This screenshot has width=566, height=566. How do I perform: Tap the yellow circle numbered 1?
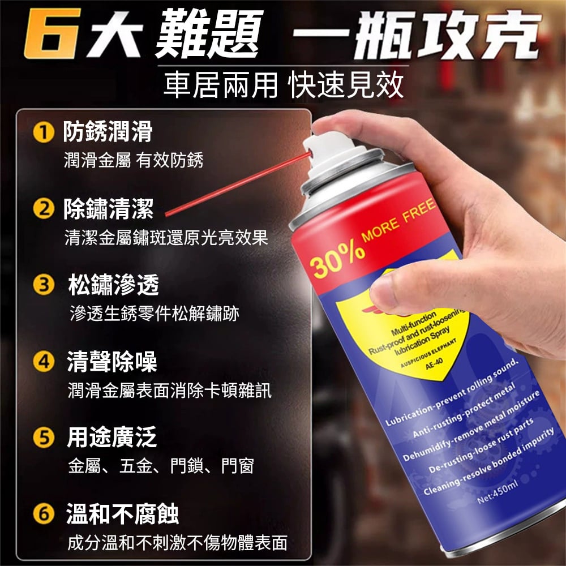pos(44,132)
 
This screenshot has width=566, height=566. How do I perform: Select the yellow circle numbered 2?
pos(44,209)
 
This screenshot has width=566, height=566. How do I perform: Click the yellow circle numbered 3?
pos(44,285)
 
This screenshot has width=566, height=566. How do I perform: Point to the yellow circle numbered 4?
pos(44,361)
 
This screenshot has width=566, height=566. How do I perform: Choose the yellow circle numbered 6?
pos(44,514)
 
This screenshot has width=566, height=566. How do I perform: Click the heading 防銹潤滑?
pos(108,131)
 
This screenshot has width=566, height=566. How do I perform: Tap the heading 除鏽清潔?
pos(108,209)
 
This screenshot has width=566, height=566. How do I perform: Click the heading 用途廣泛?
pos(112,437)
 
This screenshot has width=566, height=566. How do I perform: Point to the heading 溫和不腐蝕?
pos(122,514)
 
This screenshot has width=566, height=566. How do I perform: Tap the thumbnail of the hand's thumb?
pos(383,290)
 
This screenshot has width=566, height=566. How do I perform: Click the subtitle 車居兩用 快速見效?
pos(284,85)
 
